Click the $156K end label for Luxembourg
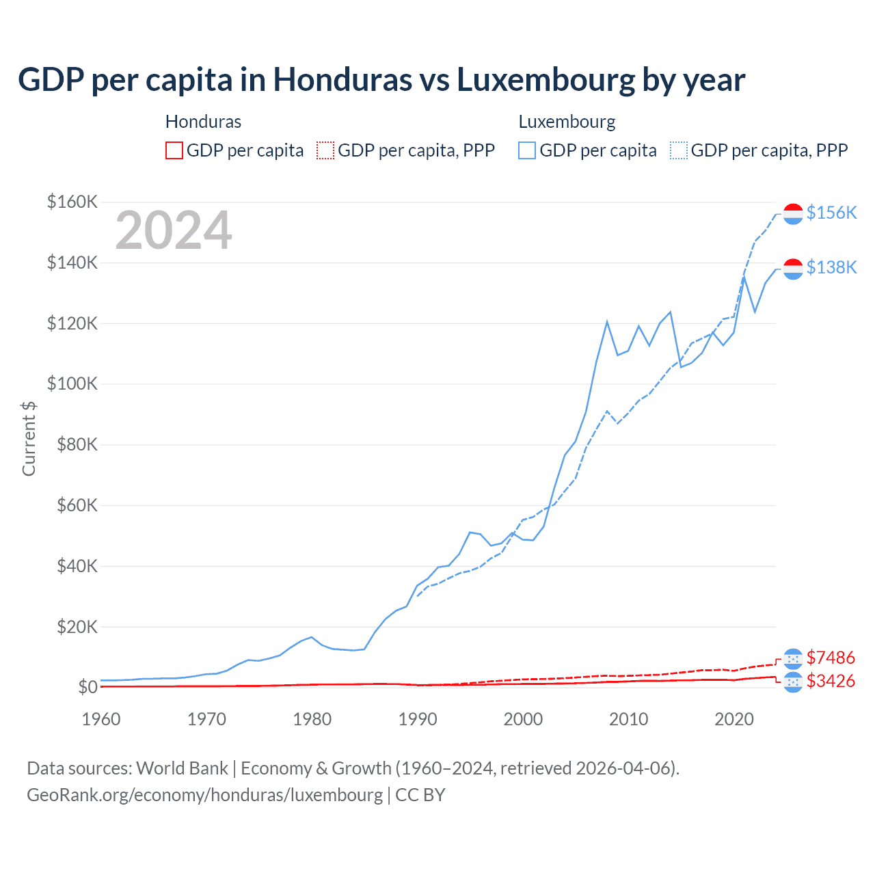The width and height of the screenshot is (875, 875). coord(831,213)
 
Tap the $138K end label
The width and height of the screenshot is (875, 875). coord(831,267)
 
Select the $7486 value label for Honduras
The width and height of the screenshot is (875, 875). coord(831,658)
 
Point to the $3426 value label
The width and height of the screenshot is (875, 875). coord(831,681)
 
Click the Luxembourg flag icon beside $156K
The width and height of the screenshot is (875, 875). coord(793,213)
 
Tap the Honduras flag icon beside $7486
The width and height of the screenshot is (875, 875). coord(793,658)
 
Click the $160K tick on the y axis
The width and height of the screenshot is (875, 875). coord(72,202)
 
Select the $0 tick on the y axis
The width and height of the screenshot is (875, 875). coord(87,687)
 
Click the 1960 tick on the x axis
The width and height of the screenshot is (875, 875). coord(101,719)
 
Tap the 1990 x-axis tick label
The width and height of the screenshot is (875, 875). coord(418,719)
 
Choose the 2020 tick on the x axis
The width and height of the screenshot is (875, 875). coord(734,719)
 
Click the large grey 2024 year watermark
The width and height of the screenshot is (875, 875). coord(174,231)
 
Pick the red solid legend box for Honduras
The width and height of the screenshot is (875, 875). coord(174,150)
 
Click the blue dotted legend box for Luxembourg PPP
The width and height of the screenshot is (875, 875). coord(679,150)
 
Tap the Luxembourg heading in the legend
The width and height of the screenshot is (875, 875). coord(567,122)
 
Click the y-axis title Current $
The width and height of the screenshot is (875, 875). coord(29,438)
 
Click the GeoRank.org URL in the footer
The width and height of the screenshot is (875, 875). coord(205,795)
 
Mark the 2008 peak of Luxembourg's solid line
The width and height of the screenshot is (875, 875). coord(607,321)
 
